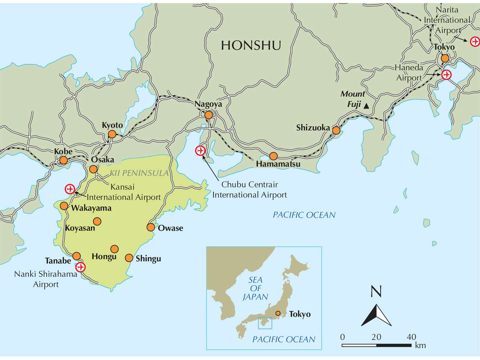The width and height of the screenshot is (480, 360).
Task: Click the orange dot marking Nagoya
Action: [208, 115]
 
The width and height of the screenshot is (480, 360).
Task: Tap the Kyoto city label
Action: [112, 125]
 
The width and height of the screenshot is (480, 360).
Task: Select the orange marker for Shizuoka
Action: [336, 131]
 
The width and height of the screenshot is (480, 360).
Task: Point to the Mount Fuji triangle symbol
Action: [366, 106]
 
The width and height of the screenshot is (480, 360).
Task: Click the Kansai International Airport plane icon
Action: [70, 189]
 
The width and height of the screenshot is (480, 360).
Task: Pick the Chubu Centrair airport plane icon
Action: [200, 151]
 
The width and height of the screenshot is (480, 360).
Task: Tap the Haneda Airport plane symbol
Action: [446, 74]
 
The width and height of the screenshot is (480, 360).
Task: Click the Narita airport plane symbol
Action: [475, 41]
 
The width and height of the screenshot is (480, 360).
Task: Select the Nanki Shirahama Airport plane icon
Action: [81, 267]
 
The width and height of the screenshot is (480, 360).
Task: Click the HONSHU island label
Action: [251, 45]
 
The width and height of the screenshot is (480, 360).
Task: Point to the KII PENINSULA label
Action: [139, 173]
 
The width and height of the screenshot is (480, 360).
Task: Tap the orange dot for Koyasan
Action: [97, 221]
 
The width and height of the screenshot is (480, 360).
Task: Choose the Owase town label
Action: [170, 228]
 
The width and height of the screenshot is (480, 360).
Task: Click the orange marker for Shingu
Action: [129, 258]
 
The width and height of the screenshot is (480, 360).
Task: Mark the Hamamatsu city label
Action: [278, 164]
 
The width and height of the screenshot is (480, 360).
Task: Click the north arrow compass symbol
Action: [376, 315]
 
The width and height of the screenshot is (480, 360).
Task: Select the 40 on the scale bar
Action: [411, 337]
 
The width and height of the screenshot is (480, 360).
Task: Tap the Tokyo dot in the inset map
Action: [278, 313]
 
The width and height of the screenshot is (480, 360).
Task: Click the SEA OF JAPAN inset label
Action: [255, 289]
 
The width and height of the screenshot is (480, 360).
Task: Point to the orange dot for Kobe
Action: [63, 160]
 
